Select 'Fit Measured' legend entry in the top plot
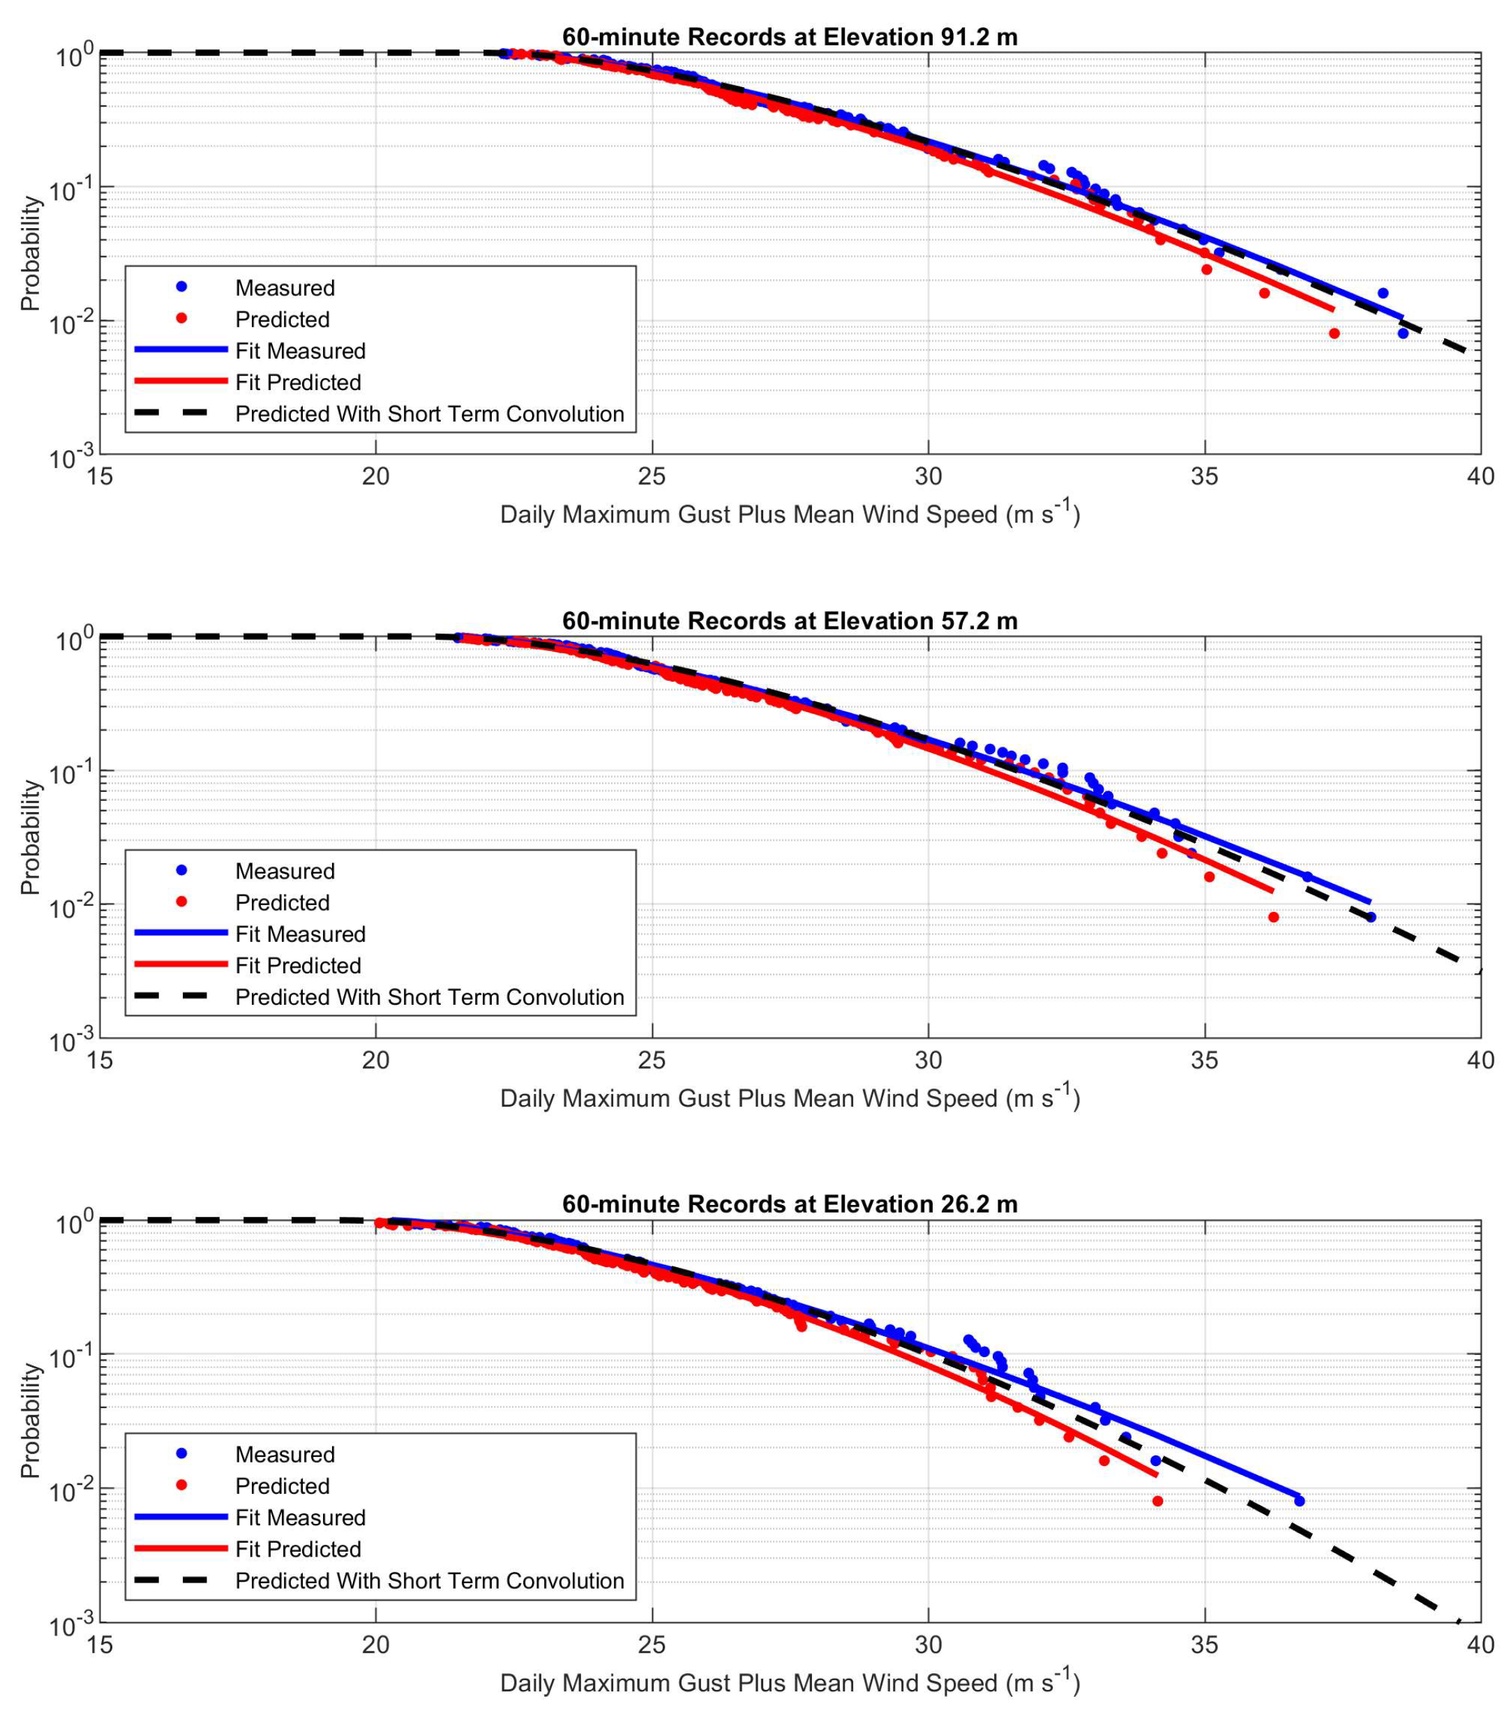(300, 351)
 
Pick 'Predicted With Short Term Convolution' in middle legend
(429, 997)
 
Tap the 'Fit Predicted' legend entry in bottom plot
(298, 1548)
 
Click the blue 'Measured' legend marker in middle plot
(181, 869)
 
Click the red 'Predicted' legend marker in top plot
(181, 318)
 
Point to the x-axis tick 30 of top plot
(929, 477)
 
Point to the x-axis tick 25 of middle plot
(652, 1060)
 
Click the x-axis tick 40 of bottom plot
(1480, 1644)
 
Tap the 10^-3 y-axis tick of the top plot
(71, 458)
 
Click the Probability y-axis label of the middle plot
(31, 837)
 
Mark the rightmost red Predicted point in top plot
(1334, 333)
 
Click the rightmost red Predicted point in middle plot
(1273, 917)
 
